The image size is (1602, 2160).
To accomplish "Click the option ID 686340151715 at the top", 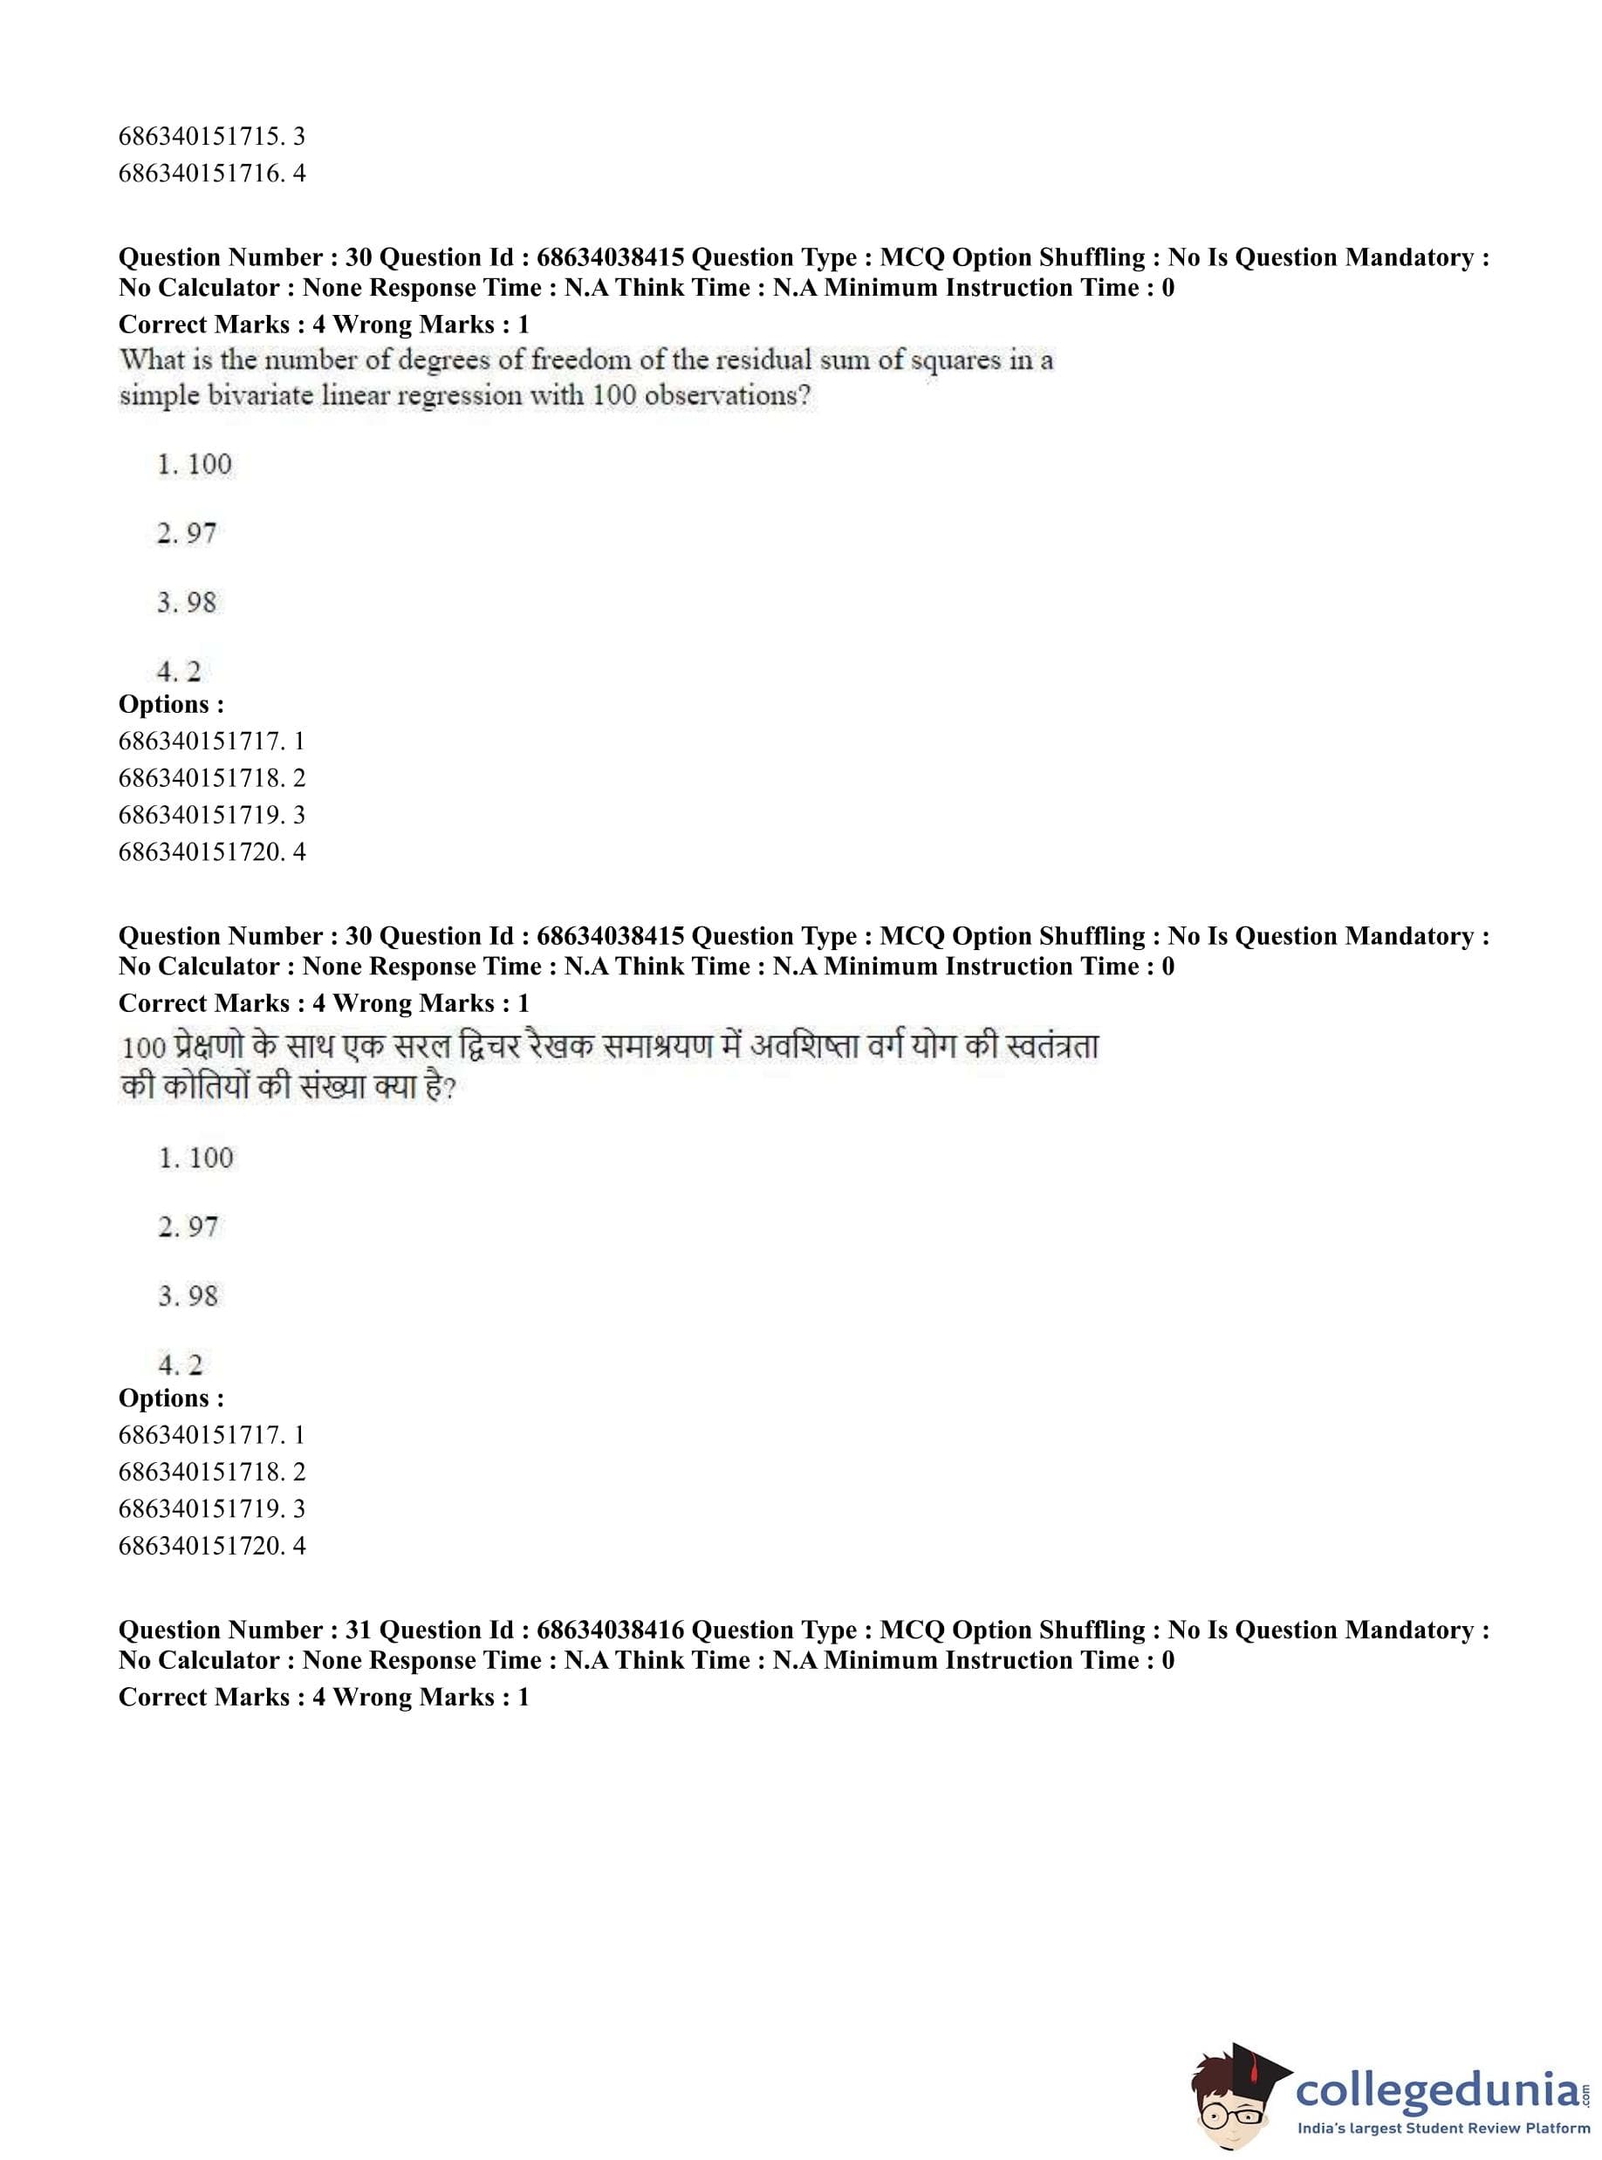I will coord(202,136).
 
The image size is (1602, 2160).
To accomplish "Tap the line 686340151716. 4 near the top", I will coord(211,174).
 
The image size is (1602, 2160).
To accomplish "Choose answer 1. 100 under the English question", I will coord(195,464).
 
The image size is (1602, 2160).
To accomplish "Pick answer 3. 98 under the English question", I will coord(187,603).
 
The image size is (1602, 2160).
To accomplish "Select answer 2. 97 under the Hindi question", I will coord(188,1227).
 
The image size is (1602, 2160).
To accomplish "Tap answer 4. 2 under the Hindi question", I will coord(181,1366).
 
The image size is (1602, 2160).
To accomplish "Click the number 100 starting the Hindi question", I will coord(143,1048).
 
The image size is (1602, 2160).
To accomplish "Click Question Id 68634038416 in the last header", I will coord(611,1630).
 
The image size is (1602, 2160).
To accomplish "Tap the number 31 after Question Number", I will coord(359,1630).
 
